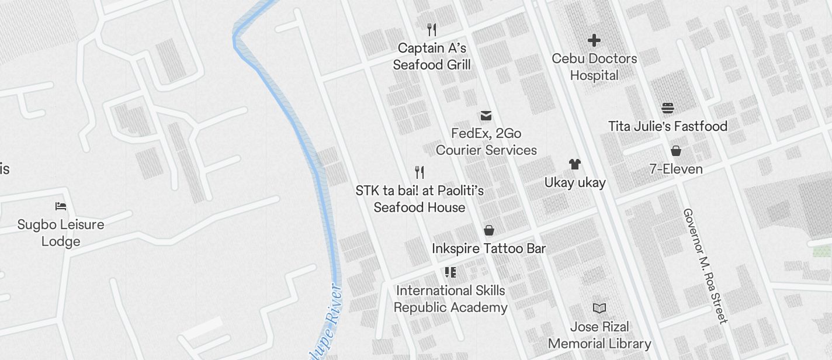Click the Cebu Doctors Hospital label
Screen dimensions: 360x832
[594, 67]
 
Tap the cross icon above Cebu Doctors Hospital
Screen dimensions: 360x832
[594, 40]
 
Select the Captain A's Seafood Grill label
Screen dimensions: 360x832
[432, 56]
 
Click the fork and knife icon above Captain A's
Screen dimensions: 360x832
[432, 29]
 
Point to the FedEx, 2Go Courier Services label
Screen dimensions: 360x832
[486, 141]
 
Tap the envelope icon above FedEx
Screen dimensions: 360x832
[486, 115]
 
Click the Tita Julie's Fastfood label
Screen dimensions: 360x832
[668, 126]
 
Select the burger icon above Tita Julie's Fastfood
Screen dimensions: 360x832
[668, 108]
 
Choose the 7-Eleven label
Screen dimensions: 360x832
[676, 169]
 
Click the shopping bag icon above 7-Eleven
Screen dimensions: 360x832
[676, 151]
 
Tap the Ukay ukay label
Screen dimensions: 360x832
[575, 182]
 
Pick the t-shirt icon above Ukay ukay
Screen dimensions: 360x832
[575, 165]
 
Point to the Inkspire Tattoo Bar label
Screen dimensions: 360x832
[489, 248]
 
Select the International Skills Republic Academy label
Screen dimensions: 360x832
[450, 299]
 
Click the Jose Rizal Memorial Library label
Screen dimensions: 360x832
[599, 335]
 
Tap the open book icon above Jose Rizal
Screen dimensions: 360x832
[599, 308]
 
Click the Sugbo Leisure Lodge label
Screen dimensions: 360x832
[61, 233]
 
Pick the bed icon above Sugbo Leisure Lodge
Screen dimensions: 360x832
[61, 206]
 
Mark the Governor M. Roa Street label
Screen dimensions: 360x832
[706, 266]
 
